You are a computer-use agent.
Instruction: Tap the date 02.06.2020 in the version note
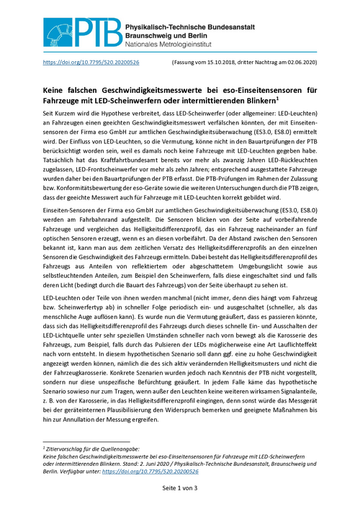point(298,63)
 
